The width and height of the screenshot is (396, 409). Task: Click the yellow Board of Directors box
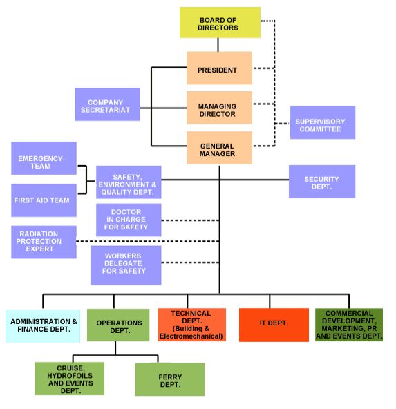220,22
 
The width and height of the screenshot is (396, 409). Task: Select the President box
219,68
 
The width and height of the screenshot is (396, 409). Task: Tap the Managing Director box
219,108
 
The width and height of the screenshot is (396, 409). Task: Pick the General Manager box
219,148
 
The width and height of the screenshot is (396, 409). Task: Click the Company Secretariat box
108,104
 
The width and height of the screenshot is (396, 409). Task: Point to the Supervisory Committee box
323,122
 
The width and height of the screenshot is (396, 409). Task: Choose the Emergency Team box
44,158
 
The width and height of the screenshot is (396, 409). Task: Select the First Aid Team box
44,200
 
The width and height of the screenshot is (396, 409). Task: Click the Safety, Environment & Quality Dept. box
129,182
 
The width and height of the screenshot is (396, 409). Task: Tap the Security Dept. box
322,182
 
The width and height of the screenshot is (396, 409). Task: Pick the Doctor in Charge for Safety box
129,220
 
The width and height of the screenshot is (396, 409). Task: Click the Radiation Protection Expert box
44,242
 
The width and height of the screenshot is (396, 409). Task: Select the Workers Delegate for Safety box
126,265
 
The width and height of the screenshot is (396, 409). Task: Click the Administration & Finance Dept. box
43,326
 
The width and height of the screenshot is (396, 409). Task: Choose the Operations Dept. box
118,325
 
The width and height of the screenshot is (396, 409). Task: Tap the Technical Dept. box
191,325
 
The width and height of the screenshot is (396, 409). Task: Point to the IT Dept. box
274,325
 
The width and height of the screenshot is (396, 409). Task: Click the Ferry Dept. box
170,379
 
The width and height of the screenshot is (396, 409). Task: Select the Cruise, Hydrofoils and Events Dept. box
69,379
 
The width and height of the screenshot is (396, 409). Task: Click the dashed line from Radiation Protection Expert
148,241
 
